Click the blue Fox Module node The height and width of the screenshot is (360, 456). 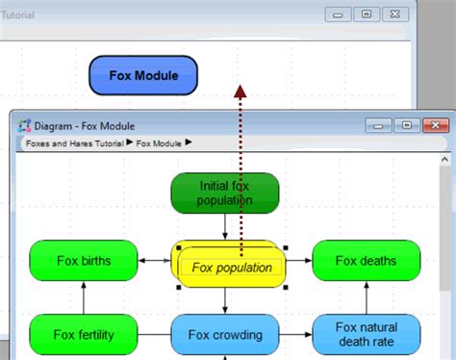pos(143,75)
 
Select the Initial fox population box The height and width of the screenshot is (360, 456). pos(225,193)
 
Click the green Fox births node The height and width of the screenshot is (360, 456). pos(83,260)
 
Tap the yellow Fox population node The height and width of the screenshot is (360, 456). pos(231,268)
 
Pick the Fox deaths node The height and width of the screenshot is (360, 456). pos(366,260)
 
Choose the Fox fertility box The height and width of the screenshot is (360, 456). pos(83,335)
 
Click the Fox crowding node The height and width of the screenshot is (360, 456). pos(225,335)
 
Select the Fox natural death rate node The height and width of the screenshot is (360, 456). pos(366,334)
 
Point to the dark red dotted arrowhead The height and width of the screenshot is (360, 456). pos(240,90)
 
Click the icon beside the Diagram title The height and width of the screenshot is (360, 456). pos(25,126)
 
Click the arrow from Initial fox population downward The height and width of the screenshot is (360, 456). pos(225,227)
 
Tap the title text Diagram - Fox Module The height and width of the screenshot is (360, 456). pos(85,126)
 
